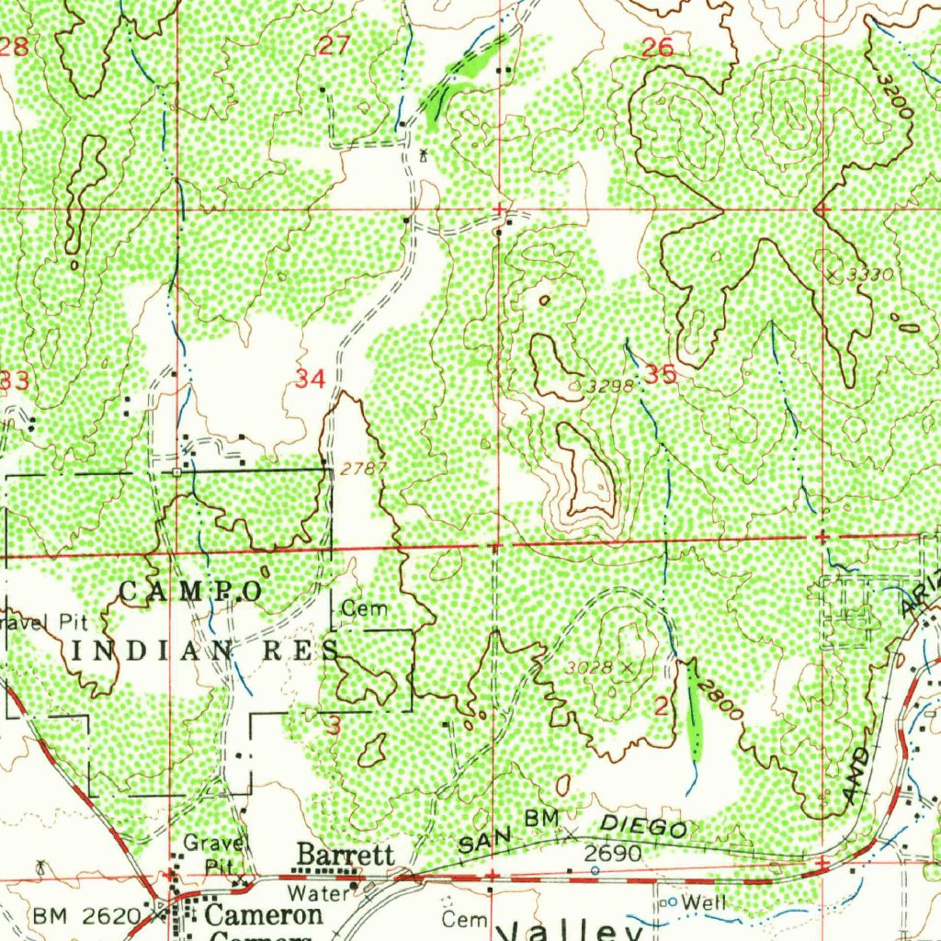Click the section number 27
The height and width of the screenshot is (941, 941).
[x=334, y=44]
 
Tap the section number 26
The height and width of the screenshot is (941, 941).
[x=657, y=48]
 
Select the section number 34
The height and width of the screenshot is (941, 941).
[x=310, y=378]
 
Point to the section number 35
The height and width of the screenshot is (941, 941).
[x=660, y=373]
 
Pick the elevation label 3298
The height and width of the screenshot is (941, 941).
[x=610, y=386]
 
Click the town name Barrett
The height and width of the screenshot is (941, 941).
[x=345, y=856]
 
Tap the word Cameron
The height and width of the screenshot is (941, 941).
[x=264, y=914]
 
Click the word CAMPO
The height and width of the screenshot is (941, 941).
[x=190, y=591]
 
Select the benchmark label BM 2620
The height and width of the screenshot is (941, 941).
[x=88, y=915]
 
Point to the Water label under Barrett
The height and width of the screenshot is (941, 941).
[x=318, y=892]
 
